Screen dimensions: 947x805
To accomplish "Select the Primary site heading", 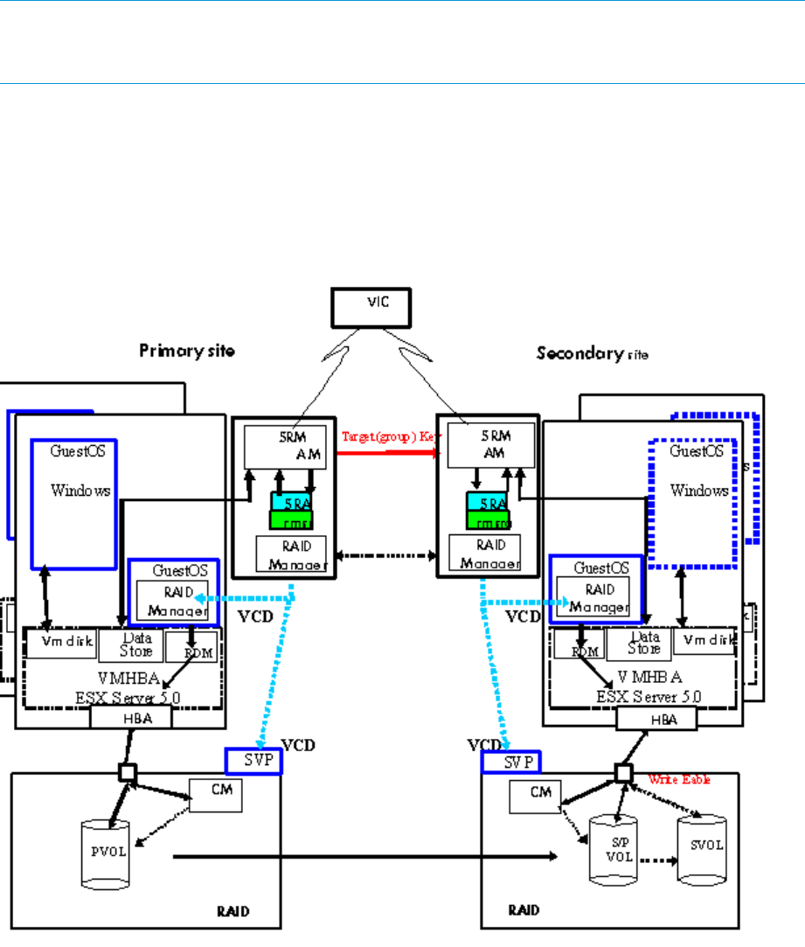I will coord(187,352).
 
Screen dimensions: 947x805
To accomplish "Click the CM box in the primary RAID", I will coord(215,794).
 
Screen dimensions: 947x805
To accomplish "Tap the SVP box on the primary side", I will coord(253,761).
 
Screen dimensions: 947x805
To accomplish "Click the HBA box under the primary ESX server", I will coord(131,717).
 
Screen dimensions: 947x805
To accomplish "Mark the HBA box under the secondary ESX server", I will coord(656,719).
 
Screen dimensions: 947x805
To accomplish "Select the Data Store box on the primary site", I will coord(136,645).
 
